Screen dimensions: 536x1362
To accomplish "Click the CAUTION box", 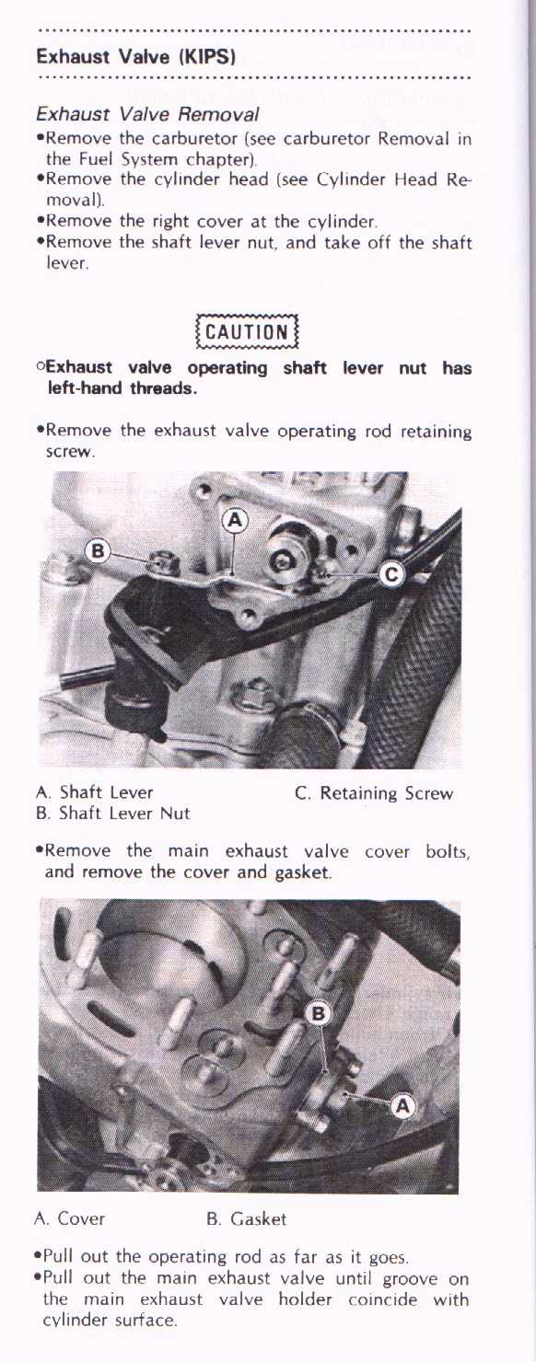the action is pos(247,331).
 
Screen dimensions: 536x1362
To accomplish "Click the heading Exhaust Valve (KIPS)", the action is pos(135,56).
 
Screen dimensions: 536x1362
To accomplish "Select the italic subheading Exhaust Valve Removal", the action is pos(147,114).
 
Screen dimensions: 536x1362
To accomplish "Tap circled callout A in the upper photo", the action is pos(235,520).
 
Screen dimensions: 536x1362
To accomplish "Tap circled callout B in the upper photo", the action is pos(98,551).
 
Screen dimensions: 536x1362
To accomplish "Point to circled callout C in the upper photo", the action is pos(391,574).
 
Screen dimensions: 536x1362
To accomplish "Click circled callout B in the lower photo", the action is pos(318,1013).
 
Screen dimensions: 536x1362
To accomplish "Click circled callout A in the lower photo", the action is pos(402,1106).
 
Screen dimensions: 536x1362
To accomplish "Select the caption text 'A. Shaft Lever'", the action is pos(94,792).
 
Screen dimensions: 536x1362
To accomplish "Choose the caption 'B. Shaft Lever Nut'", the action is pos(113,813).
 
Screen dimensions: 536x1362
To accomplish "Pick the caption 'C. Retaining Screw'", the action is pos(374,793).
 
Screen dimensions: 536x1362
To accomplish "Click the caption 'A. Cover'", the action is pos(70,1218).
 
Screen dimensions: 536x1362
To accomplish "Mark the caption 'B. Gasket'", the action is pos(246,1218).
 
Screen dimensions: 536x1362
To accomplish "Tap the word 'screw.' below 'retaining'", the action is pos(71,453).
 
